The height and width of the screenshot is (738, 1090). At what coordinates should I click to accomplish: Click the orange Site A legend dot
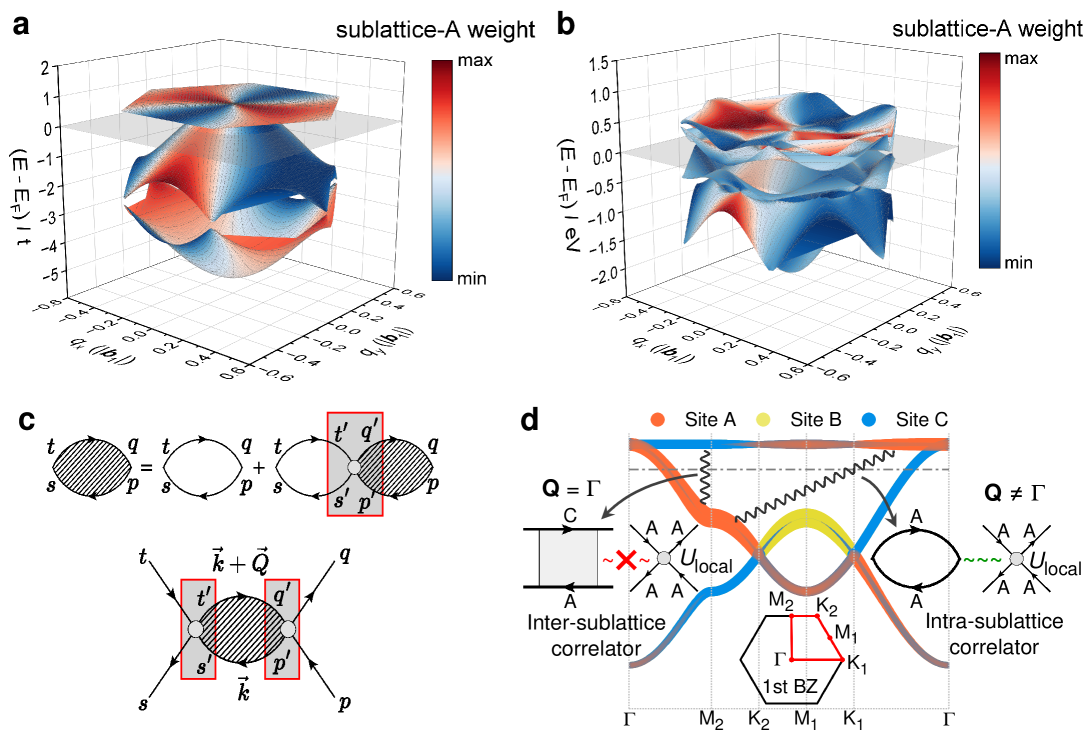coord(656,420)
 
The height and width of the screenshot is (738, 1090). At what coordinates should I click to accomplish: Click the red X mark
coord(627,559)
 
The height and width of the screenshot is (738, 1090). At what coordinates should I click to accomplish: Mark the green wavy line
coord(981,559)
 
